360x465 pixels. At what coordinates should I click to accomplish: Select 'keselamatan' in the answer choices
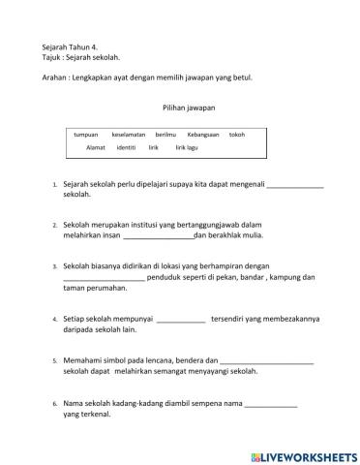(x=129, y=135)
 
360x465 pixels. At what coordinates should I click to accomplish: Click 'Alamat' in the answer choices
(x=96, y=147)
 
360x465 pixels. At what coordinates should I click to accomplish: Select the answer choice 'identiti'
(x=126, y=147)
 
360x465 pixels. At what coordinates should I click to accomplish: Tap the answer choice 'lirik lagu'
(x=187, y=147)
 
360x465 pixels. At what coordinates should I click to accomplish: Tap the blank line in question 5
(x=267, y=362)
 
